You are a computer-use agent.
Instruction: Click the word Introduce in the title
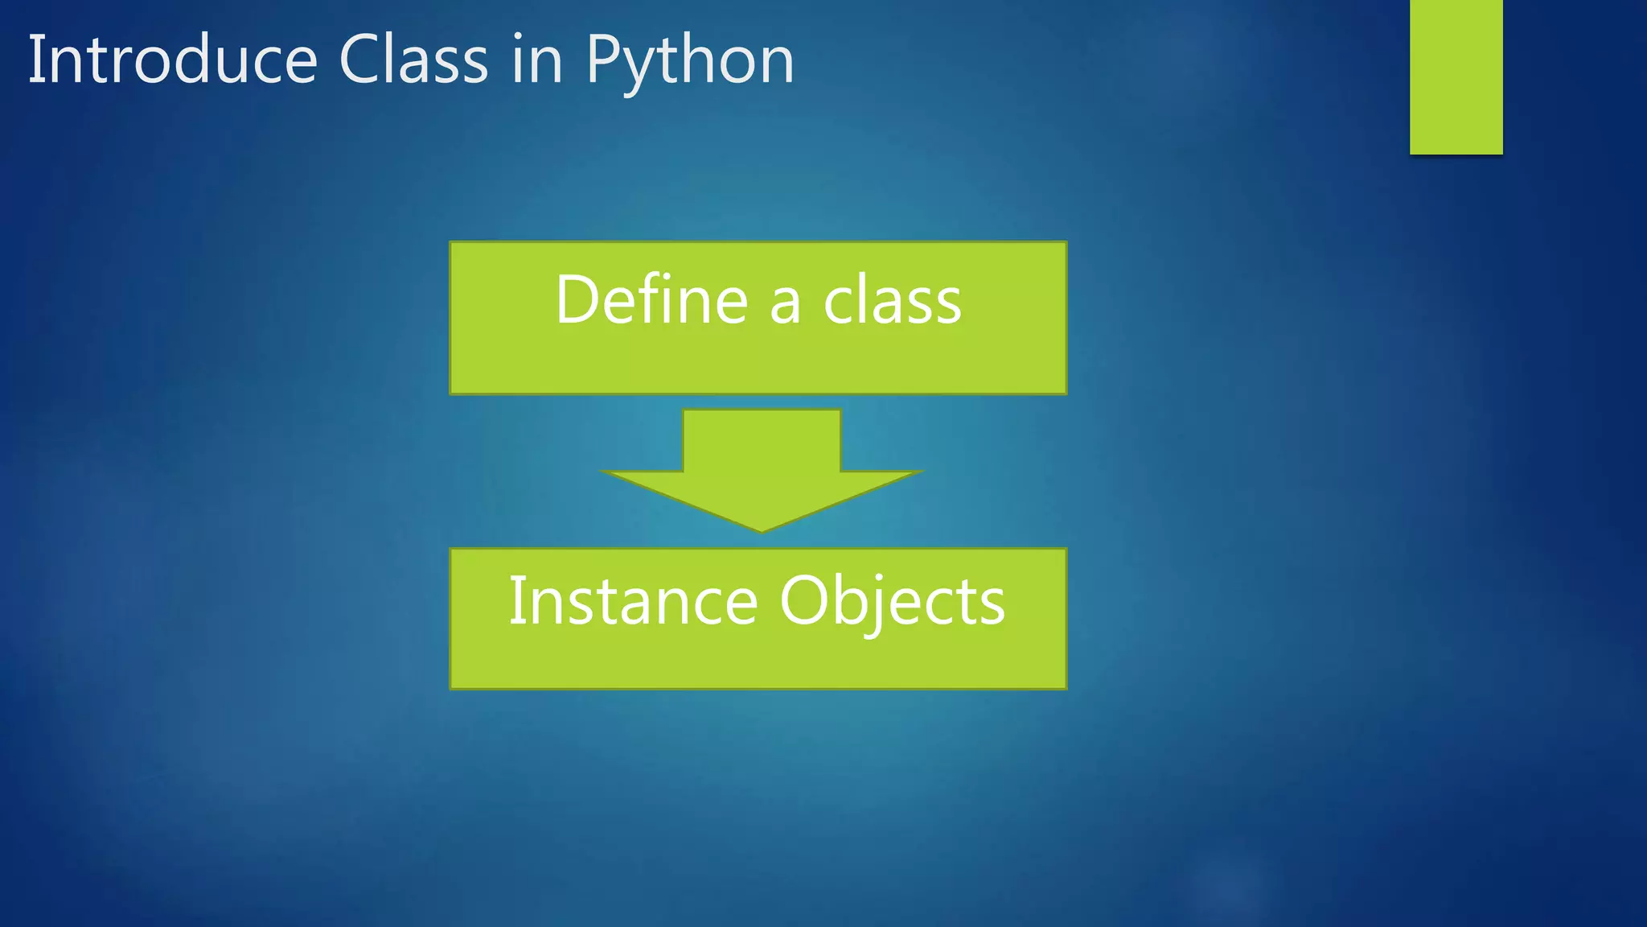coord(173,60)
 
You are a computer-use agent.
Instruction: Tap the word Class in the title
coord(413,60)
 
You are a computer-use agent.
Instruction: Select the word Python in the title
coord(690,61)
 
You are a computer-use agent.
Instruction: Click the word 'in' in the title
coord(536,61)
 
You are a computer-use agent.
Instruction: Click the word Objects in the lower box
coord(892,602)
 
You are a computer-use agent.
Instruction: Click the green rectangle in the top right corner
coord(1456,76)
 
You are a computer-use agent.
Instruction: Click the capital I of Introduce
coord(35,60)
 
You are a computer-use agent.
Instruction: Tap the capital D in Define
coord(579,299)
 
